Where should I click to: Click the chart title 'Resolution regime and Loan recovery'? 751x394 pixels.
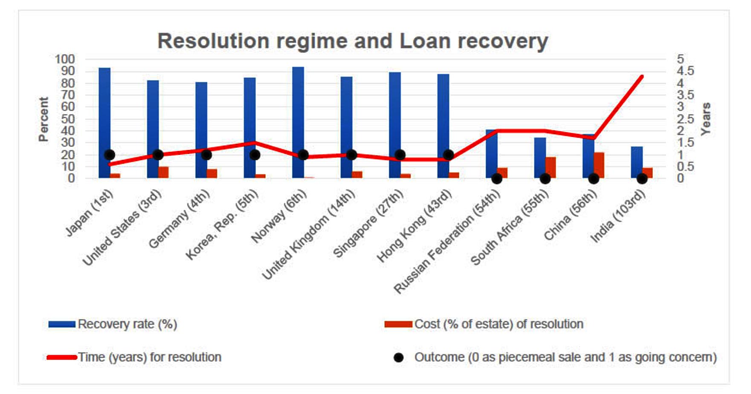click(353, 41)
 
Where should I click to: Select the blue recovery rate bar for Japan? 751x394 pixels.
click(104, 123)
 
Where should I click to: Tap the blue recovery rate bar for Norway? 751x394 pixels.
click(298, 122)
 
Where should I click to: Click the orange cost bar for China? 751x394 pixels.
click(599, 165)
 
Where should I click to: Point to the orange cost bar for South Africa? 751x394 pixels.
click(551, 167)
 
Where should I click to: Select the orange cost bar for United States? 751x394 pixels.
click(163, 173)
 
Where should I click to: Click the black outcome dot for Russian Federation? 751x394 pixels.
click(496, 179)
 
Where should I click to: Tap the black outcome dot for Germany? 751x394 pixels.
click(206, 155)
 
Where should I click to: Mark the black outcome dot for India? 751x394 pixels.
click(642, 179)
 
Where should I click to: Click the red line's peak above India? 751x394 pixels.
click(642, 77)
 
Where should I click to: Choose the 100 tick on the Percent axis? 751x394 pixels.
click(65, 59)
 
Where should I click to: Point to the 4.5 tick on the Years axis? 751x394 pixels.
click(685, 71)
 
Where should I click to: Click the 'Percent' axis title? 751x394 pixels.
click(43, 119)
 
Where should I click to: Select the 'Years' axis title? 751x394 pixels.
click(706, 119)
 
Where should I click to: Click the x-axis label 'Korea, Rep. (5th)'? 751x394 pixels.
click(222, 224)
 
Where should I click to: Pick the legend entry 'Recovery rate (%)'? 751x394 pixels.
click(113, 324)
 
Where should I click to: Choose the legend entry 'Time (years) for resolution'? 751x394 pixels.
click(134, 357)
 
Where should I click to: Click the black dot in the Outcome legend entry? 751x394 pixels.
click(398, 357)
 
